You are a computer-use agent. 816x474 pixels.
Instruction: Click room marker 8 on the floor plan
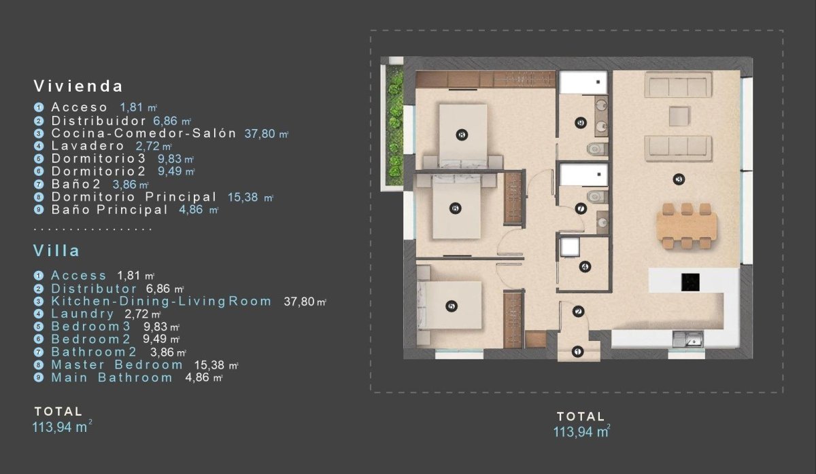tap(462, 134)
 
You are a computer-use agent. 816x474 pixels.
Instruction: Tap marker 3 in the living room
tap(678, 179)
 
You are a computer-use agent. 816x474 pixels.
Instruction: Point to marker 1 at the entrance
tap(577, 351)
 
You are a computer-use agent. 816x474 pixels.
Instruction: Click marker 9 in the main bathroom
tap(580, 123)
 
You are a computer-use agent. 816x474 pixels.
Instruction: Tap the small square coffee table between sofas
tap(678, 115)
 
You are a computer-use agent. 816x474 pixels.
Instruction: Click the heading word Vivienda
tap(78, 86)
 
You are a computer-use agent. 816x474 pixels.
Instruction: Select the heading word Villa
tap(56, 251)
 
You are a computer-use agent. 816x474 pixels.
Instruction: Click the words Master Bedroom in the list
tap(117, 365)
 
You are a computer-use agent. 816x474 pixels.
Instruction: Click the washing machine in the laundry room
tap(569, 247)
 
